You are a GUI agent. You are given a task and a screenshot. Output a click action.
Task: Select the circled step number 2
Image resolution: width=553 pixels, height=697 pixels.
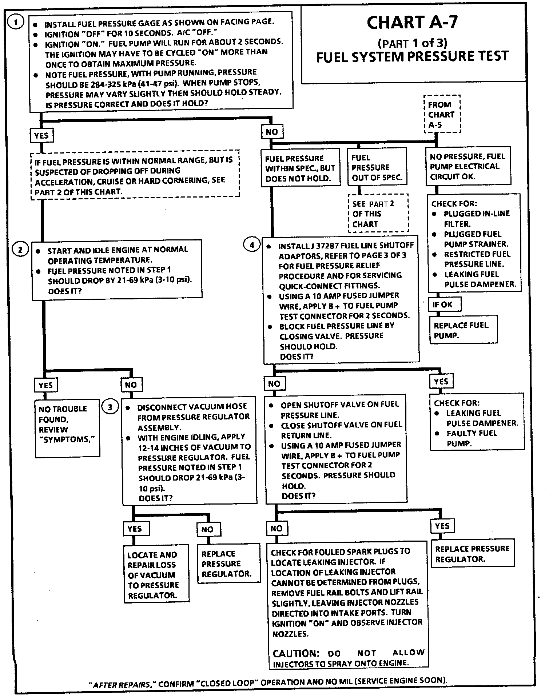click(x=20, y=250)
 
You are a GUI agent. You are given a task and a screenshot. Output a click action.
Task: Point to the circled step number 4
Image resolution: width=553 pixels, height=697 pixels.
click(x=252, y=245)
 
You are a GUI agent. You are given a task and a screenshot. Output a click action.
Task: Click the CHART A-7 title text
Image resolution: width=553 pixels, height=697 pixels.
click(x=412, y=23)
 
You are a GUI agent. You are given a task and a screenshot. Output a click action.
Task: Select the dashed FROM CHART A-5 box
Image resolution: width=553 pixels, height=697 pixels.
click(x=442, y=115)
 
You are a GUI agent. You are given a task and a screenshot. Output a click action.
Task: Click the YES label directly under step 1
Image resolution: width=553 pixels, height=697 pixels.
click(x=41, y=136)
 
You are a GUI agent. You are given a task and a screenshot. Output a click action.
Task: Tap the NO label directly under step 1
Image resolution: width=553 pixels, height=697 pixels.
click(x=271, y=132)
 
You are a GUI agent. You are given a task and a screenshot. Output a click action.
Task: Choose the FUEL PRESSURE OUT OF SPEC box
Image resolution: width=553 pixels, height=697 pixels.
click(x=377, y=167)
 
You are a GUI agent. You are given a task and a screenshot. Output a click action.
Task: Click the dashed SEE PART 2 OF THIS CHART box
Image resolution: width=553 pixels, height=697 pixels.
click(x=378, y=214)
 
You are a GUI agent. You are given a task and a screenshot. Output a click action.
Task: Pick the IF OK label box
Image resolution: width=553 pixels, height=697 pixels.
click(x=444, y=304)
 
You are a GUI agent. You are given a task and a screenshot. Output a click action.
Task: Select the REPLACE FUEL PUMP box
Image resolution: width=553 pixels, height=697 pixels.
click(x=463, y=330)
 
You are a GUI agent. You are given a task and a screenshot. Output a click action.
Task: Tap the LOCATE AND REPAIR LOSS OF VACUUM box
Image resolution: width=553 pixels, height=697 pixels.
click(x=156, y=575)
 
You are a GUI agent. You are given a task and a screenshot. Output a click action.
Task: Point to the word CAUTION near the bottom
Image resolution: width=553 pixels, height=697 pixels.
click(x=295, y=653)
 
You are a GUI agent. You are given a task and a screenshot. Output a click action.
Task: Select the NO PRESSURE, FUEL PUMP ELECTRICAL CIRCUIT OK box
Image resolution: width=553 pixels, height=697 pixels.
click(x=468, y=166)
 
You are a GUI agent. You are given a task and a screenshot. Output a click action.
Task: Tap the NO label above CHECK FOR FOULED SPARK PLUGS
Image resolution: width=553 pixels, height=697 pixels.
click(x=276, y=528)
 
